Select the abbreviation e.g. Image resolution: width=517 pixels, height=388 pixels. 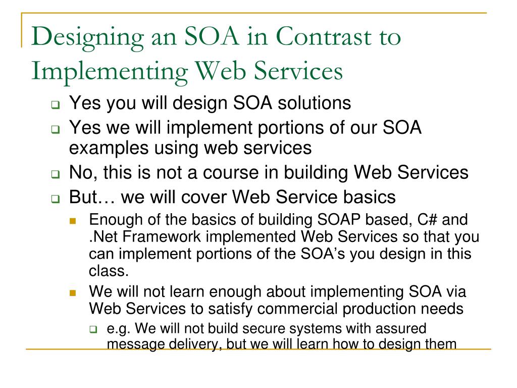pos(120,329)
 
